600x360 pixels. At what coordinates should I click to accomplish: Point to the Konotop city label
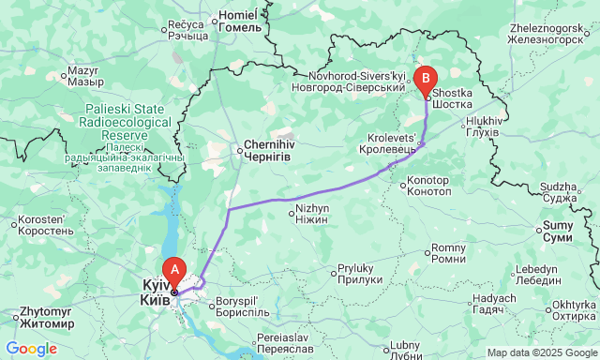click(430, 185)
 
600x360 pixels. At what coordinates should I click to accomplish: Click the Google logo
click(31, 349)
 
